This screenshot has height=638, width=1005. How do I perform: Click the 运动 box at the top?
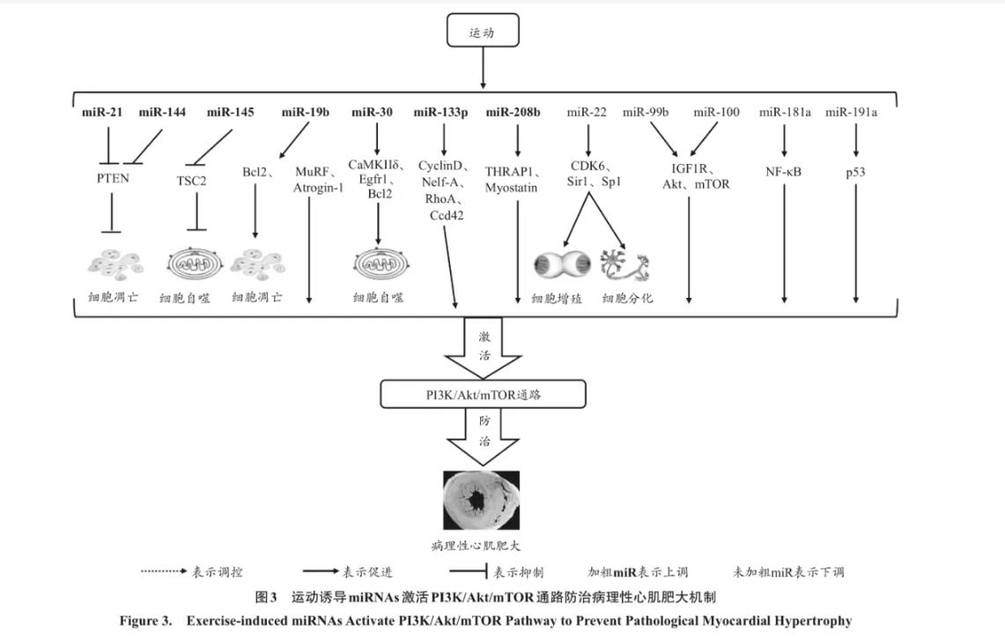(482, 33)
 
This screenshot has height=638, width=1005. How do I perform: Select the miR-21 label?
(102, 112)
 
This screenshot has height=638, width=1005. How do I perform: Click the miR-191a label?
(851, 112)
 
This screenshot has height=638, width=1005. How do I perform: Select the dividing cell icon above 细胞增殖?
(562, 263)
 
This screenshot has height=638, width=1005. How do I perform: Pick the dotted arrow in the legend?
(164, 571)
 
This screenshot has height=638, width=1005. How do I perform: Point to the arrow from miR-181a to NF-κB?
(784, 141)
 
